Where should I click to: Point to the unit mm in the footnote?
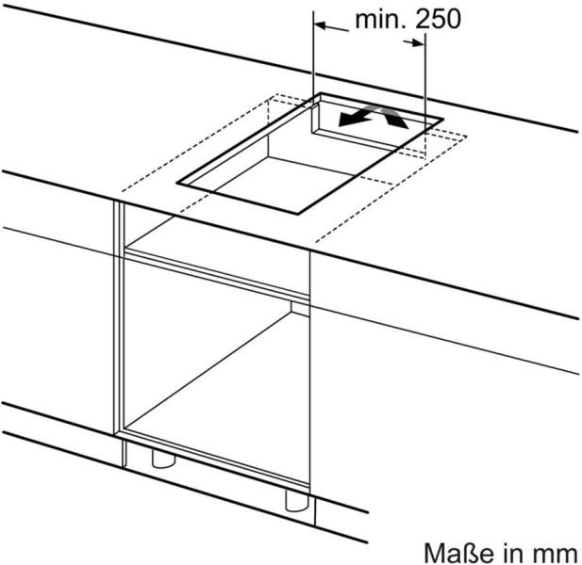pos(559,549)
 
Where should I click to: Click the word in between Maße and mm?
pos(516,549)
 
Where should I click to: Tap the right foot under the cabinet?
pos(296,497)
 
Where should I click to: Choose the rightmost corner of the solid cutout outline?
pos(443,121)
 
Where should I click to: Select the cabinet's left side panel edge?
pos(119,330)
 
